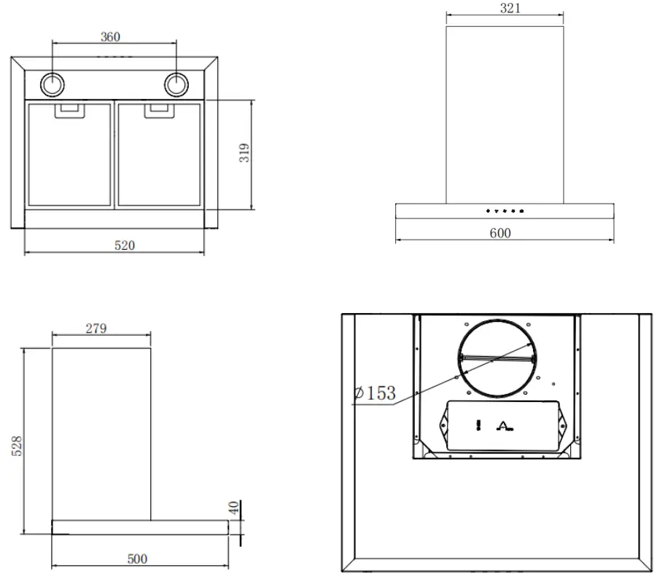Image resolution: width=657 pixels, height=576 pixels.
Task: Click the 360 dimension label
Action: coord(109,37)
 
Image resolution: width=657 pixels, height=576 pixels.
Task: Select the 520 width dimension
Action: coord(124,245)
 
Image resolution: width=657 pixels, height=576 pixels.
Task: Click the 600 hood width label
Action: coord(501,233)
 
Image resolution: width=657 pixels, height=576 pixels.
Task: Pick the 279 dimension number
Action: coord(96,328)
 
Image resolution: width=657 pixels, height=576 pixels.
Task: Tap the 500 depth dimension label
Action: coord(137,559)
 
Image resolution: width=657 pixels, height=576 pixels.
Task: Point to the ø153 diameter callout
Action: coord(374,394)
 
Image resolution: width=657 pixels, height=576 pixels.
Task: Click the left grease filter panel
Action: coord(69,157)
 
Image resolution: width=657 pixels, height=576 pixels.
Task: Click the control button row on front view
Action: coord(505,211)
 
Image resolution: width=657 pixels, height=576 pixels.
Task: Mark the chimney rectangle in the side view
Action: coord(101,433)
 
